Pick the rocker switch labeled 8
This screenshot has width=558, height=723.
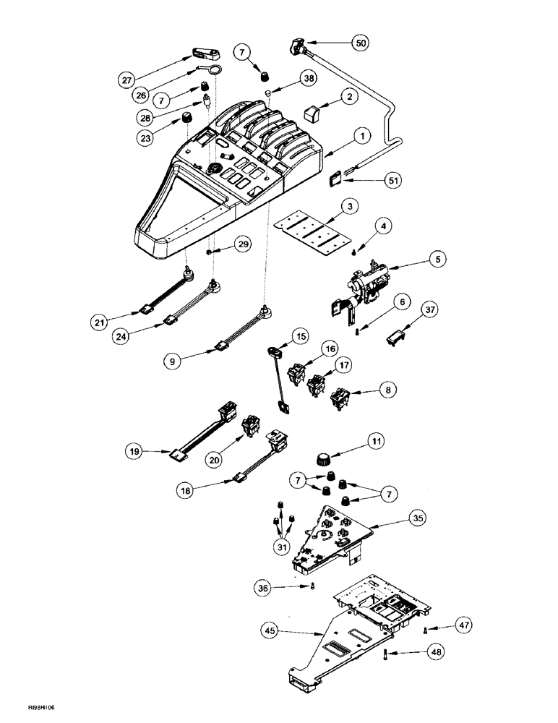(340, 397)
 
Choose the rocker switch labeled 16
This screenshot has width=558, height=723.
(295, 373)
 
